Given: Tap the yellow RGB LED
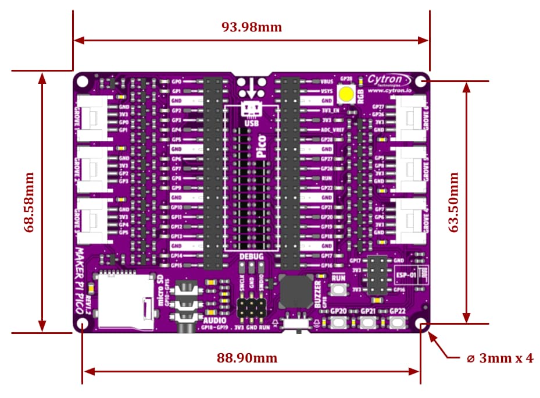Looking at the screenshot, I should point(348,94).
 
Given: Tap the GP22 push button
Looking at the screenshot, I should point(397,322).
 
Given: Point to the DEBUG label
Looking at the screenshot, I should point(251,257).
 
